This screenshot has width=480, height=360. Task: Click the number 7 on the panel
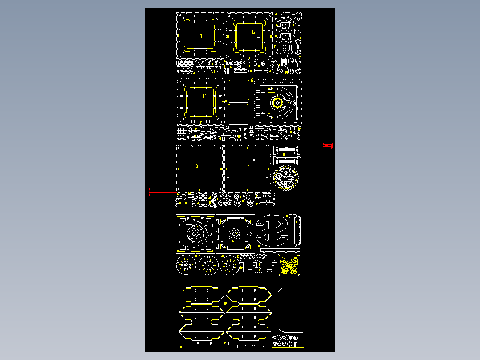(201, 36)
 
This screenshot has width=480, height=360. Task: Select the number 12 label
(253, 32)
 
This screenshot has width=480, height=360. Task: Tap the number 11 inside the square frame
(205, 96)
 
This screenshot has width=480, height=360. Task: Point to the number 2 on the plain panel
(197, 166)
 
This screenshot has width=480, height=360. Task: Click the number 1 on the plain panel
(248, 164)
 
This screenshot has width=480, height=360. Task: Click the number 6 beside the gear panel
(252, 81)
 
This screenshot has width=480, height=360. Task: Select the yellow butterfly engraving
(289, 266)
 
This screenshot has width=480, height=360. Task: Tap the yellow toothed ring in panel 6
(278, 103)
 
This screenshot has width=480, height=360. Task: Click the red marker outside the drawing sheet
(328, 146)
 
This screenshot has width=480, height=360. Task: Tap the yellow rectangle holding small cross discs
(288, 341)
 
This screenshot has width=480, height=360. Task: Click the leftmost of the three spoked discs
(186, 265)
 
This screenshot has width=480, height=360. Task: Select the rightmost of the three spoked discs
(230, 265)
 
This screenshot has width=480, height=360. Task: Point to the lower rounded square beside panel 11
(239, 114)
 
